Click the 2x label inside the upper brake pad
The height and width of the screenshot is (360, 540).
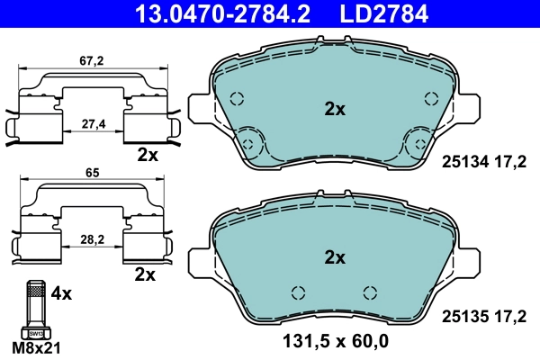[x=335, y=110]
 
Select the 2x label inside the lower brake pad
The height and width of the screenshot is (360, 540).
[x=335, y=257]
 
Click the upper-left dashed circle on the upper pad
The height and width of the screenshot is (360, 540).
[x=238, y=101]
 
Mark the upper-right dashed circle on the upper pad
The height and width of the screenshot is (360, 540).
[x=431, y=101]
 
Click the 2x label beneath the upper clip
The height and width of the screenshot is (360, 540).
[x=148, y=154]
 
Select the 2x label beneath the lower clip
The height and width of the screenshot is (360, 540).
[x=144, y=272]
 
